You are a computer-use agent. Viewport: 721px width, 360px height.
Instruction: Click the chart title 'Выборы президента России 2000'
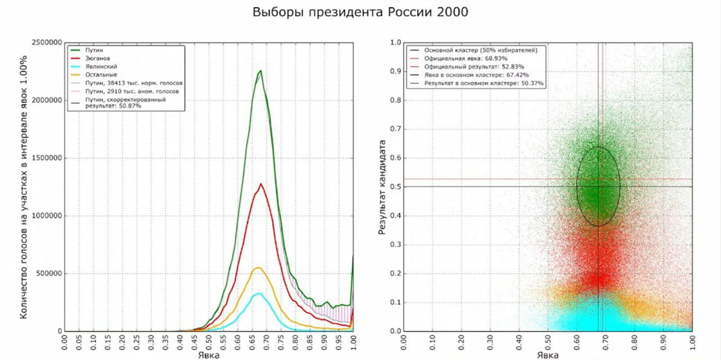[360, 12]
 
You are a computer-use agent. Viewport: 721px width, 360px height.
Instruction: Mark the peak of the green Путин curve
[260, 71]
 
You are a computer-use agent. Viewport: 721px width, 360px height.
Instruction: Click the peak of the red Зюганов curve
[260, 184]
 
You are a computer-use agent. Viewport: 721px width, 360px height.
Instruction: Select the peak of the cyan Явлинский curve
[258, 293]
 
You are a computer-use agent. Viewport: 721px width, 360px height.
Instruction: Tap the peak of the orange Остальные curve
[258, 267]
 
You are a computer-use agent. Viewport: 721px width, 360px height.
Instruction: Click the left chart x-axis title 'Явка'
[208, 355]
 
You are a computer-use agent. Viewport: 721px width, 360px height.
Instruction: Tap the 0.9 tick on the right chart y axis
[395, 72]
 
